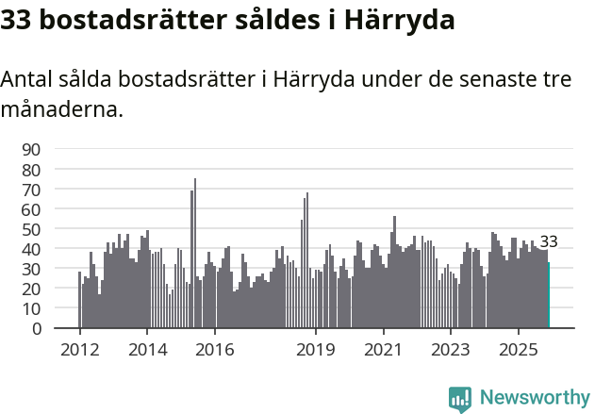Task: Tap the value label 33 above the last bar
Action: point(549,242)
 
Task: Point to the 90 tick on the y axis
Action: point(31,149)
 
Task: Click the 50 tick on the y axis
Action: point(31,229)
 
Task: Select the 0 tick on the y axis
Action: point(37,329)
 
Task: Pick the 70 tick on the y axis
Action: point(31,190)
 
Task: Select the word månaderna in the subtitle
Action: point(62,109)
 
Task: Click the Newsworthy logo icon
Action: point(460,398)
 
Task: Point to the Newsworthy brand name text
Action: point(534,398)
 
